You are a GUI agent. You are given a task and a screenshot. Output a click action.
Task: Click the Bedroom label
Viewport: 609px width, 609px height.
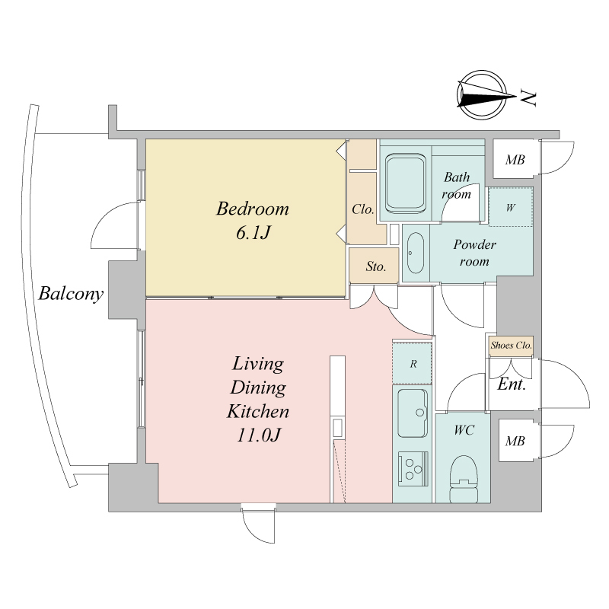coord(253,209)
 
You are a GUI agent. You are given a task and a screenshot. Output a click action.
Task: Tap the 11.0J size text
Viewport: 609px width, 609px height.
coord(258,435)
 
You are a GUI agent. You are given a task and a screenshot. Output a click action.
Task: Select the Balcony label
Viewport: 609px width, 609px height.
coord(71,294)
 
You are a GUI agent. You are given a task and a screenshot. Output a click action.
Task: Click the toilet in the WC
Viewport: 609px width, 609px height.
coord(464,480)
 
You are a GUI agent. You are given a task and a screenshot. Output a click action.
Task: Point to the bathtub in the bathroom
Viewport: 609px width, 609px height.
coord(405,183)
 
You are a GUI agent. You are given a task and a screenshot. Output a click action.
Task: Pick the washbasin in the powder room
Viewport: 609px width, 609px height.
coord(416,253)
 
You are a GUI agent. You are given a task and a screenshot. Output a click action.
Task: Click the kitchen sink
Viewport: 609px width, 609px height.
coord(413,413)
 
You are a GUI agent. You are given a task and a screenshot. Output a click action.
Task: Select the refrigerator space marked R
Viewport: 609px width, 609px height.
coord(412,364)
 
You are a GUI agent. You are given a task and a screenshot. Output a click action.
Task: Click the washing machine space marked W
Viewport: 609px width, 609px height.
coord(510,207)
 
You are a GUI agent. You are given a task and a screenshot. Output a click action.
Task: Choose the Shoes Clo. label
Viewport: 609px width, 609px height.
coord(511,345)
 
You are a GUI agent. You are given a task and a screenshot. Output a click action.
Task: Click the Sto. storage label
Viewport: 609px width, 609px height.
coord(375,266)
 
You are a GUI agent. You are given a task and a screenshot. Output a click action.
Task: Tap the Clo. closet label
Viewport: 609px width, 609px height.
coord(363,209)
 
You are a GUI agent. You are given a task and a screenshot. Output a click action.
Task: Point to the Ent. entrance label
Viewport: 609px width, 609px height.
coord(512,384)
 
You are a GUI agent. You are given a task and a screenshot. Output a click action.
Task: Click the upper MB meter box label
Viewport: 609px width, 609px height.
coord(515,160)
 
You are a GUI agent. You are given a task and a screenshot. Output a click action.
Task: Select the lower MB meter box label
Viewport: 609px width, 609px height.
coord(515,441)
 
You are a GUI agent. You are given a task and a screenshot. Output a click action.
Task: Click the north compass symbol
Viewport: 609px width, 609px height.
coord(483,94)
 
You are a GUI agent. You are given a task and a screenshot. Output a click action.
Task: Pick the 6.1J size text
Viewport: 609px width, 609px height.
coord(253,233)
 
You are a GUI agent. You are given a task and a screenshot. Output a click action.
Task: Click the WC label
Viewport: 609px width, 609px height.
coord(464,430)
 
